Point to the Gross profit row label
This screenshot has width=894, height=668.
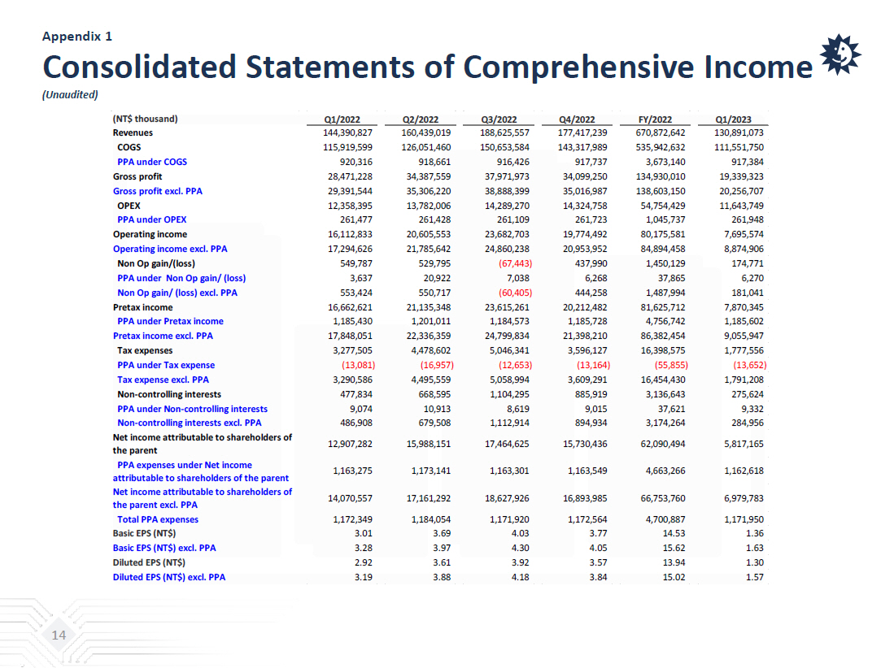coord(137,176)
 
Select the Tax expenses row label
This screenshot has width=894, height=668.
coord(145,350)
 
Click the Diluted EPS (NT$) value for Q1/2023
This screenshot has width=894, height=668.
coord(754,562)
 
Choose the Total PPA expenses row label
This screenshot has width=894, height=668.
coord(158,519)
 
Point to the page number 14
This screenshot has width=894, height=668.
coord(59,635)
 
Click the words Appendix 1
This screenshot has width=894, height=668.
coord(77,36)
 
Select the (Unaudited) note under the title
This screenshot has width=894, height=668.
coord(70,94)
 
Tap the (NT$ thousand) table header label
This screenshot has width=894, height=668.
coord(145,119)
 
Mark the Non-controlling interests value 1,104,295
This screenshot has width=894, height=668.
coord(507,394)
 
